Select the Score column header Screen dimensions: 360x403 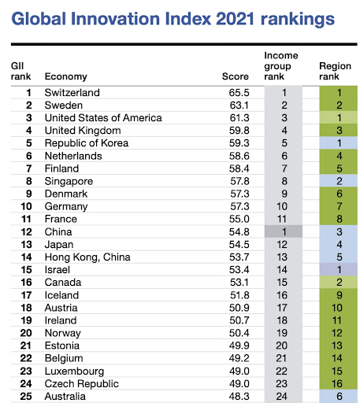[236, 76]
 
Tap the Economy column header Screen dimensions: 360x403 [66, 76]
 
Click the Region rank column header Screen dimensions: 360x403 [335, 71]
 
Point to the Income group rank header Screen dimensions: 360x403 [281, 66]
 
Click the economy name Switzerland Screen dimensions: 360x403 [72, 93]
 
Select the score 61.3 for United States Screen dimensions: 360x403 [239, 118]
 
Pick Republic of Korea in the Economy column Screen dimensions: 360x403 [87, 143]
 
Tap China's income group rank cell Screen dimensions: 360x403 [284, 231]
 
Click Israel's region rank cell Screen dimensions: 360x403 [339, 269]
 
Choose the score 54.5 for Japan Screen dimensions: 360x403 [239, 244]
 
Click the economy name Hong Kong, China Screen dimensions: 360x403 [87, 257]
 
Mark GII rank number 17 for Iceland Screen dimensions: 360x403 [26, 295]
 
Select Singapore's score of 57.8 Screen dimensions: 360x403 [239, 181]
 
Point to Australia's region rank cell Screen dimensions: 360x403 [339, 396]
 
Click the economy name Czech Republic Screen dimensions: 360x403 [82, 383]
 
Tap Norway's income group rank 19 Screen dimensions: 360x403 [282, 333]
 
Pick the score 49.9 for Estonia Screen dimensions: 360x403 [239, 346]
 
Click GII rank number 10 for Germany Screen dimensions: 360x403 [26, 206]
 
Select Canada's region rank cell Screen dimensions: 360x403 [339, 282]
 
